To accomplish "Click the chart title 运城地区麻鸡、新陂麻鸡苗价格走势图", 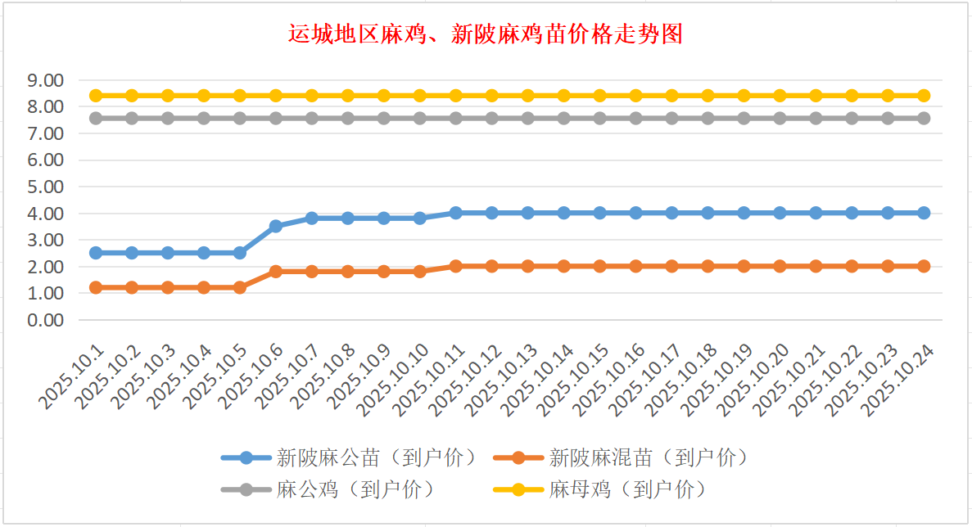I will tap(486, 34).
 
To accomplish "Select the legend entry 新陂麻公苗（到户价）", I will tap(376, 457).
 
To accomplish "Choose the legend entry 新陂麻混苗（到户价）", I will tap(648, 457).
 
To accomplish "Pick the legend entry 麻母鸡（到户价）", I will tap(626, 489).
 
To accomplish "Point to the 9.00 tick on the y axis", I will tap(46, 80).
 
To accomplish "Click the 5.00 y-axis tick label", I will tap(46, 187).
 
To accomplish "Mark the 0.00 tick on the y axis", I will tap(46, 320).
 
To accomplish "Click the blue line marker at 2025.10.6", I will tap(276, 226).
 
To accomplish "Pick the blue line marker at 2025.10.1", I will tap(96, 253).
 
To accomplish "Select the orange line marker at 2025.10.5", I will tap(240, 287).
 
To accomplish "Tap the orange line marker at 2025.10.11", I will tap(456, 266).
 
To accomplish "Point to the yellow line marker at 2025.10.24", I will tap(924, 96).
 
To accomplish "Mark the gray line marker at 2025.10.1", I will tap(96, 118).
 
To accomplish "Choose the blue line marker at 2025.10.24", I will tap(924, 213).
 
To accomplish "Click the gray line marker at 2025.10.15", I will tap(600, 118).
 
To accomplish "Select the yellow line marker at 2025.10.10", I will tap(420, 96).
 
